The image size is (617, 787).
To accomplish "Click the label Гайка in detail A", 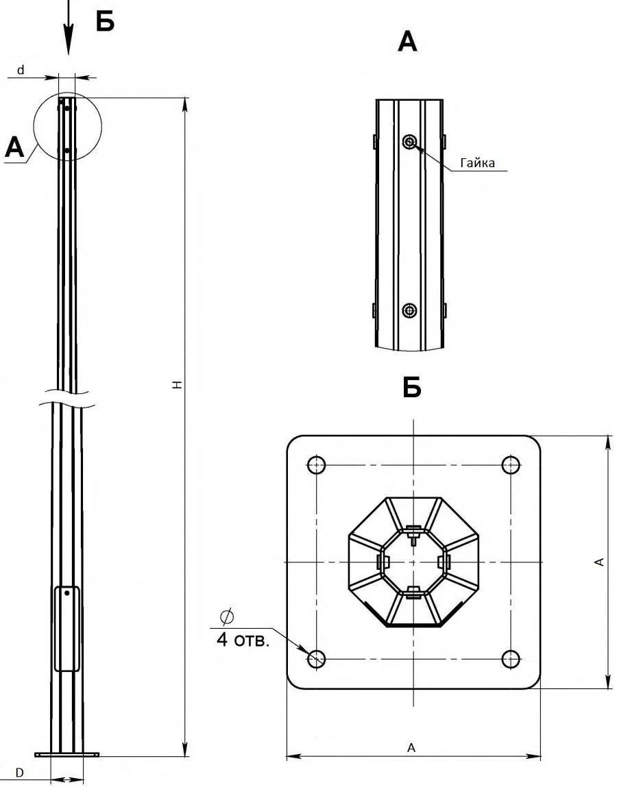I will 477,164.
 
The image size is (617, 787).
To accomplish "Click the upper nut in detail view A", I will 409,142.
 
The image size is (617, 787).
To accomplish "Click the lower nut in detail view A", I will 409,310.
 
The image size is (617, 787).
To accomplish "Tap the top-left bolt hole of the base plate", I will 316,464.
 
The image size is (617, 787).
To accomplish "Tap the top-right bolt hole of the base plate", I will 510,464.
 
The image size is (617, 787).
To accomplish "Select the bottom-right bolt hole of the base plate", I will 510,659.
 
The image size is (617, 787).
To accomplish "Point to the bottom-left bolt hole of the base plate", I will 316,659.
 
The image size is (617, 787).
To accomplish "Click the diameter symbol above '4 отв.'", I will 226,617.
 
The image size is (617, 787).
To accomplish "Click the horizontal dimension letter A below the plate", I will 411,748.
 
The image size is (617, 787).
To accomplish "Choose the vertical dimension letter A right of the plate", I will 600,562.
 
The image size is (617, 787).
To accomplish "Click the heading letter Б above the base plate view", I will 411,388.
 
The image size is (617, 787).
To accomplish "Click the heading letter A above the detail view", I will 407,42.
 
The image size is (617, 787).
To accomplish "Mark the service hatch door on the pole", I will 67,628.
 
